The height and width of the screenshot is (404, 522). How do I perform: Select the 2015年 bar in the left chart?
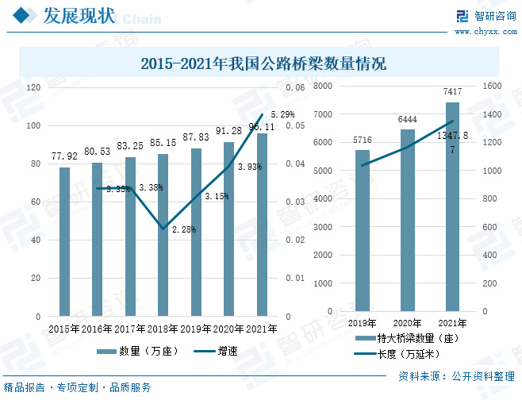coord(64,241)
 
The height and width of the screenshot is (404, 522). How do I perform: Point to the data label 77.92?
coord(64,156)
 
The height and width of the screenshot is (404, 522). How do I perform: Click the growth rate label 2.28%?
coord(183,229)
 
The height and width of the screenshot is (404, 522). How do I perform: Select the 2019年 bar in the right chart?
coord(363,230)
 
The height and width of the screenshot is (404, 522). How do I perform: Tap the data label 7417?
coord(452,92)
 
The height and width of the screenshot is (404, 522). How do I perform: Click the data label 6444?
coord(407,119)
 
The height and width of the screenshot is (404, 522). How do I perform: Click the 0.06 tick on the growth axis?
coord(295,87)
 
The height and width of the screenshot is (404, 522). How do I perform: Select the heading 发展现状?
coord(76,16)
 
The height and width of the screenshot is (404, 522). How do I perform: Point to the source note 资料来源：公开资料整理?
coord(455,375)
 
